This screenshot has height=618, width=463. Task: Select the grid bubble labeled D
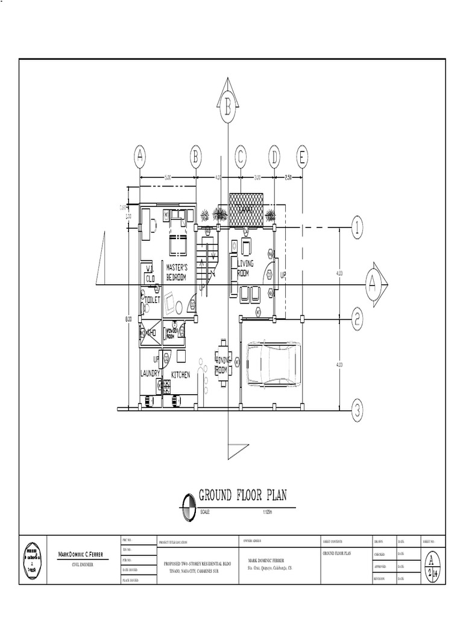[274, 158]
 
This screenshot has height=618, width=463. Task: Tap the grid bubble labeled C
[241, 158]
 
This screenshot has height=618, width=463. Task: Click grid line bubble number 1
[357, 228]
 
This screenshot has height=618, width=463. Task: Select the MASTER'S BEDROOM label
[177, 272]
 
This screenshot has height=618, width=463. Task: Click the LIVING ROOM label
[245, 269]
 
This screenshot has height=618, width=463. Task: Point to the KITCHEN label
[180, 375]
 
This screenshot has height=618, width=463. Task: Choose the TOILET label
[151, 298]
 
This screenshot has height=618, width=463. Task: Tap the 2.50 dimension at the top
[288, 177]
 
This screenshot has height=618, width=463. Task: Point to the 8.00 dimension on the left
[128, 319]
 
